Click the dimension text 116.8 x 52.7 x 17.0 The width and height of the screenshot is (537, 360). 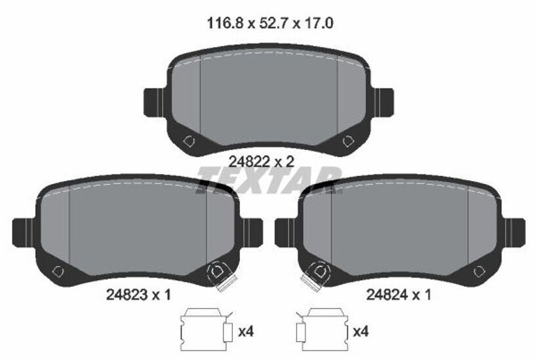point(270,24)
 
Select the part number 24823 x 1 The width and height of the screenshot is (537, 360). point(138,295)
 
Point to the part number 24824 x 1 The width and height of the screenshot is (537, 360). point(398,295)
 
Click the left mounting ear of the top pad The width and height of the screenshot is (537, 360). point(152,101)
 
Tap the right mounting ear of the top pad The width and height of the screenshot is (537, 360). point(384,101)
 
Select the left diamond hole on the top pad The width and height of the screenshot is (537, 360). point(190,140)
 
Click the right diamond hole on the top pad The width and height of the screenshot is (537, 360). point(348,140)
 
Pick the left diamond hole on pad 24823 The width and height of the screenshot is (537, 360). point(58,271)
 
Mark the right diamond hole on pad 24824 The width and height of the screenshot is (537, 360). point(478,271)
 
